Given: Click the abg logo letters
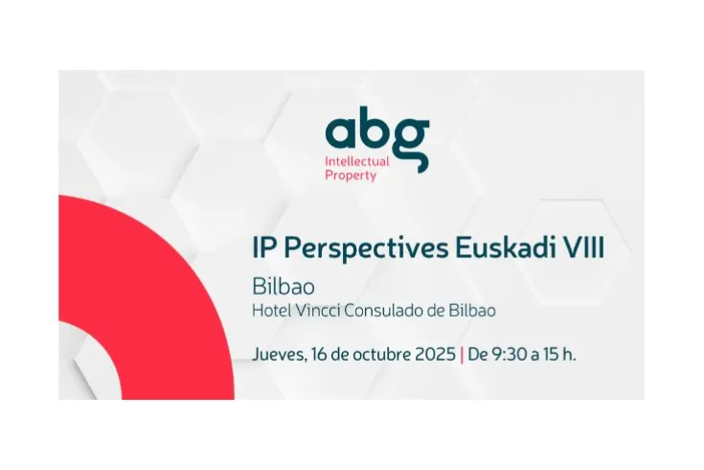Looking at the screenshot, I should click(376, 131).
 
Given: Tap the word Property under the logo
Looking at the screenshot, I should click(351, 176).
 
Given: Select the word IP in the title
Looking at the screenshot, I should click(262, 248).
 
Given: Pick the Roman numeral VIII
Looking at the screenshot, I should click(584, 248).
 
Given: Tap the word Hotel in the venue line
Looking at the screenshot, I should click(269, 311).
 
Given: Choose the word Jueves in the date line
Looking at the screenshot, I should click(278, 353).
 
